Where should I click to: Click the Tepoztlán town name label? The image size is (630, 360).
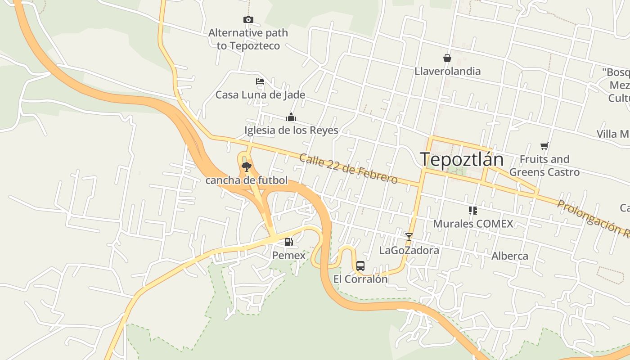(x=461, y=160)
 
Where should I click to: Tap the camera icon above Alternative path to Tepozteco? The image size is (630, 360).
(x=248, y=19)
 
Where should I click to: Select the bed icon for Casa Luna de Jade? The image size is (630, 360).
(x=260, y=81)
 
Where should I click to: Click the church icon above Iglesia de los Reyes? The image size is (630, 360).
(x=291, y=117)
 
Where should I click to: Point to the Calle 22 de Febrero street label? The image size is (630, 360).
(x=348, y=169)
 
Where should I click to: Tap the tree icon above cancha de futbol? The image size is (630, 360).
(x=246, y=167)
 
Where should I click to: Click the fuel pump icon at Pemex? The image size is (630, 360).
(x=288, y=242)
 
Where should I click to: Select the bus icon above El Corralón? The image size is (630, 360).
(x=360, y=265)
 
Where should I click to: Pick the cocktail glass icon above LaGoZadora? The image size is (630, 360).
(x=409, y=237)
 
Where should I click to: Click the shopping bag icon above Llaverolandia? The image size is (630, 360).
(x=447, y=58)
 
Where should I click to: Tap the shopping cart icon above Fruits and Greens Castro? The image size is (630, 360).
(x=544, y=146)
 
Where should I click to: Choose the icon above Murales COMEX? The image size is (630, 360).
(x=472, y=210)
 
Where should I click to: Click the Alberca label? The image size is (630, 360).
(x=510, y=256)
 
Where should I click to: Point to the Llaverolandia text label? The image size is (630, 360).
(x=447, y=71)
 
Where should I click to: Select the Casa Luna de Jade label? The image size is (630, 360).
(x=260, y=95)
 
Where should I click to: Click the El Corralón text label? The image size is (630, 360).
(x=360, y=279)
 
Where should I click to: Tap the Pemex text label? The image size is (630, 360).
(x=288, y=255)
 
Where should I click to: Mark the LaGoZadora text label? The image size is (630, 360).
(x=409, y=250)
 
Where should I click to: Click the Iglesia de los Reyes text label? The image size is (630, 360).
(x=291, y=130)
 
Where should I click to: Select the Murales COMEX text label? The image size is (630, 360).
(x=472, y=224)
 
